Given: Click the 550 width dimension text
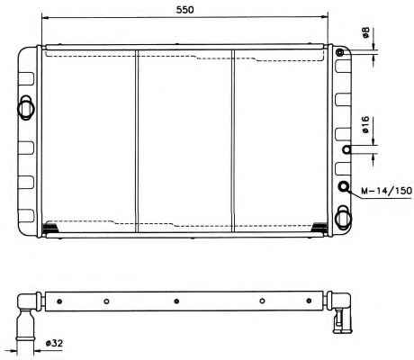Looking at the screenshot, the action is click(x=184, y=10).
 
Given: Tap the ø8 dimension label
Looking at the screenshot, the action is click(x=365, y=32).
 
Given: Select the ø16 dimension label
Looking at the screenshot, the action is click(x=365, y=124).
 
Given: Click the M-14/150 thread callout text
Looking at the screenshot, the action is click(x=386, y=191).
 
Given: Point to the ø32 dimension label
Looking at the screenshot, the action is click(x=54, y=343).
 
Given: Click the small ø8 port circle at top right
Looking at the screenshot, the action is click(x=339, y=53).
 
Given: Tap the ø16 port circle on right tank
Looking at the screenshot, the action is click(x=346, y=149).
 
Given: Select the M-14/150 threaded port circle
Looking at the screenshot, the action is click(x=344, y=186).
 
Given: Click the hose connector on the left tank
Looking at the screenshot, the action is click(x=26, y=108).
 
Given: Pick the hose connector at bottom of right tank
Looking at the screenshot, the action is click(x=343, y=218).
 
